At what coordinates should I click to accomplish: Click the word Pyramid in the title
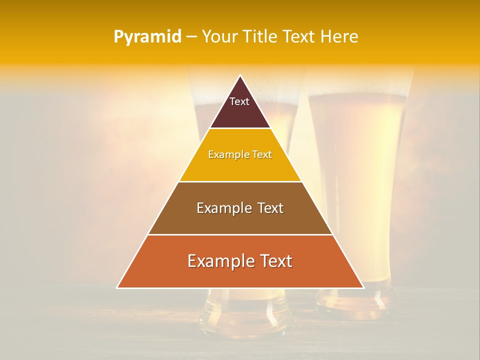pos(147,37)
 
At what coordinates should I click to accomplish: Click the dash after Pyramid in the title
pos(191,37)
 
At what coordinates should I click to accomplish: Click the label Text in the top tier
pos(239,101)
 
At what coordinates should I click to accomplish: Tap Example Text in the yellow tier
pos(240,154)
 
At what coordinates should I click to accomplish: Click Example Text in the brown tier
pos(240,208)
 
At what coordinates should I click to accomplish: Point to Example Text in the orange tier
pos(240,261)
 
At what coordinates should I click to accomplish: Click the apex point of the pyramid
pos(240,76)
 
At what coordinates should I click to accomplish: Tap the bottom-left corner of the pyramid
pos(117,287)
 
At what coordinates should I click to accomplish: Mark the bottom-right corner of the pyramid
pos(363,287)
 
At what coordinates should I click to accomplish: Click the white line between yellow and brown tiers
pos(240,181)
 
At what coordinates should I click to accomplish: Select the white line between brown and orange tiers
pos(240,234)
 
